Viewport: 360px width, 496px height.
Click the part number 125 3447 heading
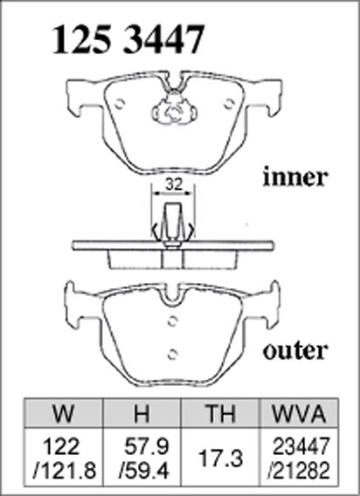128,40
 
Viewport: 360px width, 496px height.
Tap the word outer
294,351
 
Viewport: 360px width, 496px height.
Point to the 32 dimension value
174,184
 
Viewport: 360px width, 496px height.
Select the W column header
64,413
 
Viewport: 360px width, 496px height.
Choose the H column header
142,413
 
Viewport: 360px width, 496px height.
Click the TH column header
219,413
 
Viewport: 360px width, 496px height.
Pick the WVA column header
299,413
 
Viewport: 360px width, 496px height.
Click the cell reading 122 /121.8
64,457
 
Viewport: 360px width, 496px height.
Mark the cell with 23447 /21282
299,457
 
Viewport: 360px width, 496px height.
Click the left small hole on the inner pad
120,103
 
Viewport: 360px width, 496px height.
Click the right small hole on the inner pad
229,103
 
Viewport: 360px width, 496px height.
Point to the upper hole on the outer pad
172,321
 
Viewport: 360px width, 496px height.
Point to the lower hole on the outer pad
172,355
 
